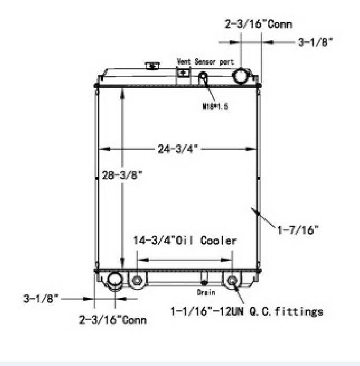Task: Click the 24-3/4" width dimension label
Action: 178,149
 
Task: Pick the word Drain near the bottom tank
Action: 206,292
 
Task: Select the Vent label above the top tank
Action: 184,62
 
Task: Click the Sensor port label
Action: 215,62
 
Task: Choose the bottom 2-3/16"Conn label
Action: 113,319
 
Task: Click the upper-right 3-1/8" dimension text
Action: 316,42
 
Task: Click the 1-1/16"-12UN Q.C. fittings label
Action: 246,312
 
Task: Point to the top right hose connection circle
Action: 241,75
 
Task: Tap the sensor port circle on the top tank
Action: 203,79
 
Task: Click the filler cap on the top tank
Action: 153,66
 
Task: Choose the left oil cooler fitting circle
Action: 137,280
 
